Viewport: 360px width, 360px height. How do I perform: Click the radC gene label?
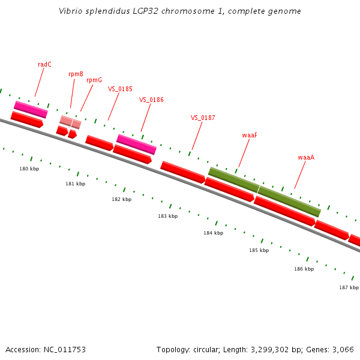pos(44,64)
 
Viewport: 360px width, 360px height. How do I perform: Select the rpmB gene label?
pos(76,74)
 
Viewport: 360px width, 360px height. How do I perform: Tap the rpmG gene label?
pos(94,80)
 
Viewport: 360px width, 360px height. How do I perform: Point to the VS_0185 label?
pos(120,89)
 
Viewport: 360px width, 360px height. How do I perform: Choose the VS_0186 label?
pos(151,100)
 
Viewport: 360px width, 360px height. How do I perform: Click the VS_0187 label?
pos(203,118)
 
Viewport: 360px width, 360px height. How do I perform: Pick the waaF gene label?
pos(250,135)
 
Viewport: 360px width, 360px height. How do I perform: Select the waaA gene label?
pos(306,157)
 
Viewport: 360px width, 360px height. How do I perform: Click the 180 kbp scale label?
pos(29,169)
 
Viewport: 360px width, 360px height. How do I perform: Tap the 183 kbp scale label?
pos(167,215)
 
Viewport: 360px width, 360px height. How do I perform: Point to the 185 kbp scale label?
pos(259,250)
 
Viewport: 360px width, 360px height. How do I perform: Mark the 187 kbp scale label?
pos(349,287)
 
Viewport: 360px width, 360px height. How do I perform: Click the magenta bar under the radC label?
pos(31,109)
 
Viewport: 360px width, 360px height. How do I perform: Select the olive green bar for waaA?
pos(289,202)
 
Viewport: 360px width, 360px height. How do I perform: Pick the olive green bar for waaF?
pos(233,179)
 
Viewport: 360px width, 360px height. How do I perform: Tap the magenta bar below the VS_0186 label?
pos(136,144)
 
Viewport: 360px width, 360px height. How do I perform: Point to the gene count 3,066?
pos(343,349)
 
